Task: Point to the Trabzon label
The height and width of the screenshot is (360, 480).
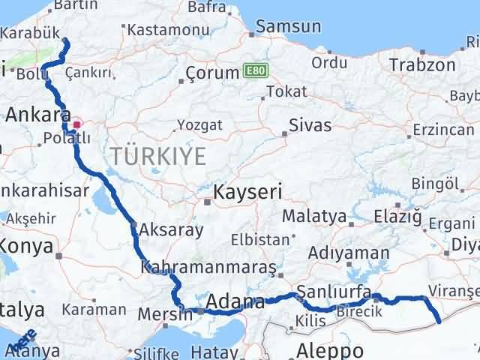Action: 422,64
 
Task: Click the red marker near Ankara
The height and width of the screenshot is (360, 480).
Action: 76,124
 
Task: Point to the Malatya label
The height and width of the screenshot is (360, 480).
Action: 314,217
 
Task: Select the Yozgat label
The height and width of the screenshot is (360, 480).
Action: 199,125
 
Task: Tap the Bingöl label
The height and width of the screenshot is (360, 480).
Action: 435,184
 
